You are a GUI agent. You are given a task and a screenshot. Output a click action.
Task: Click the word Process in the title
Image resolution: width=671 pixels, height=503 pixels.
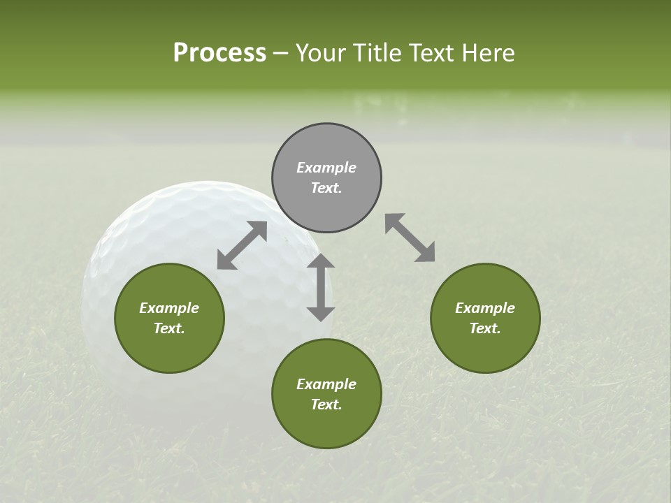[x=219, y=53]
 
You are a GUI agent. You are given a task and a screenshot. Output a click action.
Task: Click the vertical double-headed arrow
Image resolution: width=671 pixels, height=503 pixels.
[x=321, y=287]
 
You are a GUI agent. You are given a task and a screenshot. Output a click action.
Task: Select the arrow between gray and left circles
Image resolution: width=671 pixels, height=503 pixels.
[x=242, y=245]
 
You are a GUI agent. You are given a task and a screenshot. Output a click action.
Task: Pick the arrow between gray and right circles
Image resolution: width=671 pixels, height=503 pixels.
[x=410, y=238]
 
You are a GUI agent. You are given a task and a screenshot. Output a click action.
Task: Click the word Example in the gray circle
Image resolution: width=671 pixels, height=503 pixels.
[x=326, y=168]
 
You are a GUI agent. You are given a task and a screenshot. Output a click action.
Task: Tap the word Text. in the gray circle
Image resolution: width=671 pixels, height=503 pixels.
[x=326, y=188]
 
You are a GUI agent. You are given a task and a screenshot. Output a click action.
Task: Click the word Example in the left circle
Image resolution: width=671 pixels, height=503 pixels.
[x=169, y=308]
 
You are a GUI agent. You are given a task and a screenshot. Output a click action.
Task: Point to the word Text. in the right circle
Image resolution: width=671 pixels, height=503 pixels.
[x=485, y=328]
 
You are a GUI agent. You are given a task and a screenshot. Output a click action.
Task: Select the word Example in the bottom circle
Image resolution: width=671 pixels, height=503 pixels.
[x=326, y=384]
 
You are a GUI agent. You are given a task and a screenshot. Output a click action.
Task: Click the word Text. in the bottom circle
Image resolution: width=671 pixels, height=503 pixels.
[x=326, y=404]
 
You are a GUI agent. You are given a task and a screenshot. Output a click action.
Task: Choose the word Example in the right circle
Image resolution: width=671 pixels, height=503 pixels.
[x=485, y=308]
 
